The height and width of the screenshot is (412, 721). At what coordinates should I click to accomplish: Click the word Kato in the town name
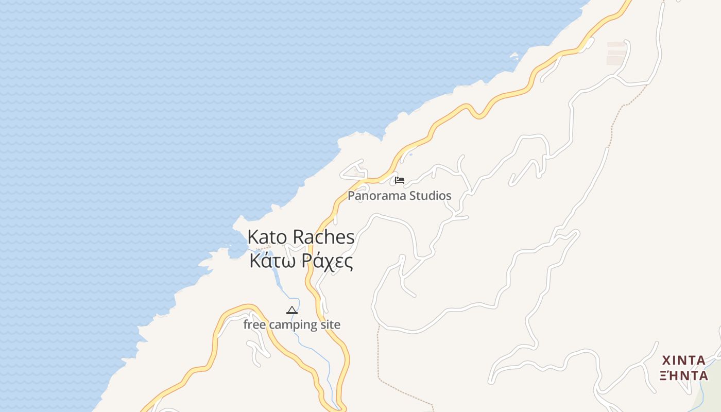pyautogui.click(x=268, y=237)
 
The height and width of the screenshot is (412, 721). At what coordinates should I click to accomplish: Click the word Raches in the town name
pyautogui.click(x=323, y=237)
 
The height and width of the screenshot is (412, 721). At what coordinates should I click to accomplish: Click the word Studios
pyautogui.click(x=430, y=196)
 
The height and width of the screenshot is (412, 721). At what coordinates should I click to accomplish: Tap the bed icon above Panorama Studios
pyautogui.click(x=400, y=180)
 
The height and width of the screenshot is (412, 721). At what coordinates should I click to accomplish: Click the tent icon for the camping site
pyautogui.click(x=292, y=310)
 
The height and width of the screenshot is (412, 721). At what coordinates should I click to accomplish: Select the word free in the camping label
pyautogui.click(x=254, y=325)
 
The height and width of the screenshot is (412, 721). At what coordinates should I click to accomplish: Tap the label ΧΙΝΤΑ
pyautogui.click(x=683, y=360)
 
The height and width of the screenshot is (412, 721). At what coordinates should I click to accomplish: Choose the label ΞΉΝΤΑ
pyautogui.click(x=684, y=375)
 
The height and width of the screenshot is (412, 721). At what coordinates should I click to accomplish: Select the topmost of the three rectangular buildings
pyautogui.click(x=616, y=44)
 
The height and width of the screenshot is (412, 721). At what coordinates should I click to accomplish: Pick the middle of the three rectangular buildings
pyautogui.click(x=616, y=52)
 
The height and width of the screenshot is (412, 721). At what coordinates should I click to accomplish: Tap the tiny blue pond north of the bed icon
pyautogui.click(x=410, y=153)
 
